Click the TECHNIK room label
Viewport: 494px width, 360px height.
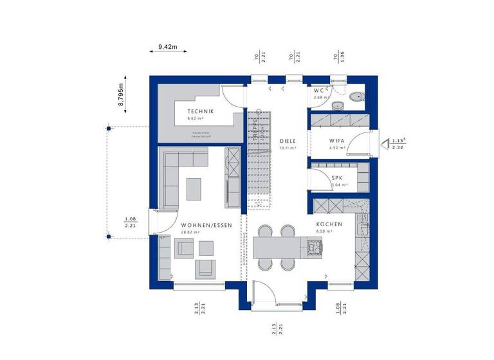[196, 111]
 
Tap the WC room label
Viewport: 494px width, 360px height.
[319, 91]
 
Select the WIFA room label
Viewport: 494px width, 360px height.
[335, 139]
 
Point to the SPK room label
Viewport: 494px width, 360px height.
[336, 177]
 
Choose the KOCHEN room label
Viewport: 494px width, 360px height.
[329, 224]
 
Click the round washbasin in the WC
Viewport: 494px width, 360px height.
[338, 105]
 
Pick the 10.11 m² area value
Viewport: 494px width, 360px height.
[287, 147]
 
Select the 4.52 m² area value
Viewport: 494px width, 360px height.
[335, 147]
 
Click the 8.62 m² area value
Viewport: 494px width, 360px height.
[196, 119]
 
